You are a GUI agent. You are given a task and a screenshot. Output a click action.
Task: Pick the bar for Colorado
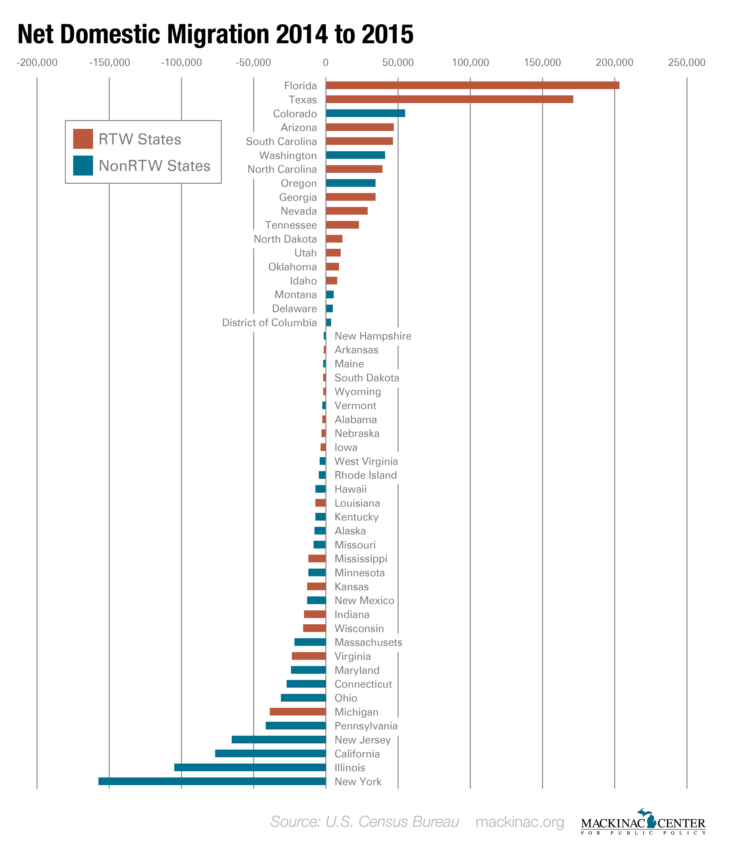(x=365, y=113)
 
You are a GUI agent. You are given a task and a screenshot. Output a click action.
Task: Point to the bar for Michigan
(x=298, y=711)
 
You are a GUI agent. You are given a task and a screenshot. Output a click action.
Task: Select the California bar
(x=270, y=753)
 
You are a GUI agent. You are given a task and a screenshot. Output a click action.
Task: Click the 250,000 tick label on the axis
(x=686, y=63)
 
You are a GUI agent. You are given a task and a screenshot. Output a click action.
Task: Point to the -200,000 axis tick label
(x=37, y=63)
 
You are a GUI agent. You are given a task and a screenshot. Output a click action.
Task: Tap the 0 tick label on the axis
(x=326, y=63)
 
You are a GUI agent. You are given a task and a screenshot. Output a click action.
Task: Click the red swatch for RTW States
(x=83, y=139)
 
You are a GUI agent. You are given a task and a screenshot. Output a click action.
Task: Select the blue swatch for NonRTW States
(x=83, y=165)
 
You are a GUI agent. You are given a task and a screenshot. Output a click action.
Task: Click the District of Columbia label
(x=269, y=323)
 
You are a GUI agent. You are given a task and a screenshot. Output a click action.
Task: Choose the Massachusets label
(x=368, y=642)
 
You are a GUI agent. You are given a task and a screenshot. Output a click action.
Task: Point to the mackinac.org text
(x=520, y=822)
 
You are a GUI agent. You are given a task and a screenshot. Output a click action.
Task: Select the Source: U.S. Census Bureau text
(x=365, y=822)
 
